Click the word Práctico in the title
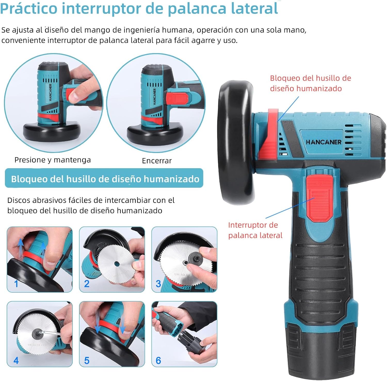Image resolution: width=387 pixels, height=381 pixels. [29, 8]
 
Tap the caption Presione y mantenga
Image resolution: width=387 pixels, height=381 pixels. [53, 160]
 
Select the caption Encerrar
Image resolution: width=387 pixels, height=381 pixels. [157, 161]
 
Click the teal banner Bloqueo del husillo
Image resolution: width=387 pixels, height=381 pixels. [104, 178]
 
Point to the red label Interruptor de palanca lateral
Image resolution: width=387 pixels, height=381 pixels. [255, 230]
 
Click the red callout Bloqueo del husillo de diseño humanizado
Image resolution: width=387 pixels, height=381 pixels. [310, 83]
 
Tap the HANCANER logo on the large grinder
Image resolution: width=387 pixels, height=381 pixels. [324, 142]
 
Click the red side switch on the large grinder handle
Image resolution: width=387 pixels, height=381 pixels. [319, 198]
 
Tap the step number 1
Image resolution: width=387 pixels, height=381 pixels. [16, 284]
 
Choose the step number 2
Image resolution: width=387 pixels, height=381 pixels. [87, 284]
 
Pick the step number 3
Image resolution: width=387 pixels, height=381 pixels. [158, 284]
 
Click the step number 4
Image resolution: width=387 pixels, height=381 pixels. [16, 360]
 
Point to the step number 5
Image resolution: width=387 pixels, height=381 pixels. [87, 360]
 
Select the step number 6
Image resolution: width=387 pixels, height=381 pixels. [158, 360]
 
